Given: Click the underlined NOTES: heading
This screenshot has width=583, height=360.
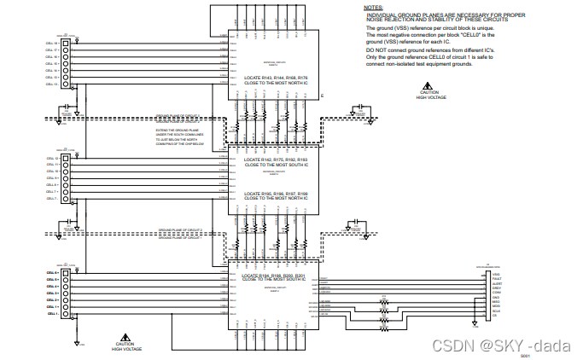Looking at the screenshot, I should (373, 7).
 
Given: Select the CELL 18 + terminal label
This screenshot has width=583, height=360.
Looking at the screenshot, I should (50, 42).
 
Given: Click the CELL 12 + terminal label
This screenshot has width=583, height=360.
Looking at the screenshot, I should (50, 159).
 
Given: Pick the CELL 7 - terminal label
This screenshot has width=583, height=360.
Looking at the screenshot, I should (50, 199).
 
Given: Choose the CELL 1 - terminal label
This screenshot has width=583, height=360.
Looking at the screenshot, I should (50, 313).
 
